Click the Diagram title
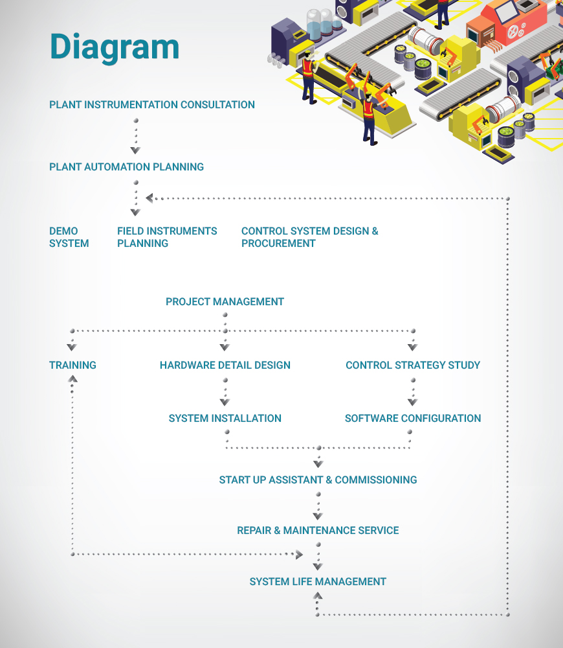(114, 47)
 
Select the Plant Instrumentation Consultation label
(152, 104)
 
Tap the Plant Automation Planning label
(126, 167)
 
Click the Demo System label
(69, 237)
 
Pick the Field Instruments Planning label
(167, 237)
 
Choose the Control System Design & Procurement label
(309, 237)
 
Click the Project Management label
(225, 301)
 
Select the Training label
(72, 365)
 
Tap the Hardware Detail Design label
(225, 365)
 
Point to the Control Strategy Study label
(413, 365)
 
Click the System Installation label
(225, 418)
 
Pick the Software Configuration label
(413, 418)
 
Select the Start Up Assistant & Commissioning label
(318, 480)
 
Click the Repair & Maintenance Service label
(318, 530)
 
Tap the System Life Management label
(318, 581)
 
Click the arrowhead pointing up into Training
(72, 378)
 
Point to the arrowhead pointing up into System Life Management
(317, 596)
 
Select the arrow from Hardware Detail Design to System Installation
(225, 392)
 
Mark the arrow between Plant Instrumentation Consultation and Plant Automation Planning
(135, 136)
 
